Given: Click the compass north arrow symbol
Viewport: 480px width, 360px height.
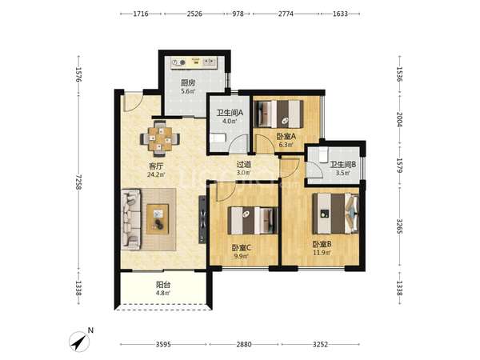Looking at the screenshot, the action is click(79, 342).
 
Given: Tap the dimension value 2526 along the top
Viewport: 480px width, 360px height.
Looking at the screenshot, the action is click(194, 14).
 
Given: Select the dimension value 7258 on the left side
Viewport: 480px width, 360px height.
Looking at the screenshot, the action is click(78, 182).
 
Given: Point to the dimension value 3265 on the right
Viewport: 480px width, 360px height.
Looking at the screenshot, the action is click(399, 226).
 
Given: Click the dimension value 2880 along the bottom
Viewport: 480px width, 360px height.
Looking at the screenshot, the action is click(244, 344).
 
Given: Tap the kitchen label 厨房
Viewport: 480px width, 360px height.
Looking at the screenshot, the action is click(188, 83).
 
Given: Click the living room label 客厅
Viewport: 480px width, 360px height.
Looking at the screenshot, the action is click(156, 166).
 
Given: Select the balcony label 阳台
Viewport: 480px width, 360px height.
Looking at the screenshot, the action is click(163, 285).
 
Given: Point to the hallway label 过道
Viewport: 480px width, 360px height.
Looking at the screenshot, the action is click(244, 164).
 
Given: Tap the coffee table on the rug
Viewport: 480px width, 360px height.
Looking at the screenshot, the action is click(158, 219).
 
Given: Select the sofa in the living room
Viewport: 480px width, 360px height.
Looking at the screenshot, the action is click(131, 219).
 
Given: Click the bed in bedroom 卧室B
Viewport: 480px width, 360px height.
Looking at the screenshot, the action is click(335, 214).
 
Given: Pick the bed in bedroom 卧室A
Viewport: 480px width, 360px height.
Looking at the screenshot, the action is click(279, 114).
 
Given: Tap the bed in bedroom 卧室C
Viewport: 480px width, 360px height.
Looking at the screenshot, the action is click(253, 221).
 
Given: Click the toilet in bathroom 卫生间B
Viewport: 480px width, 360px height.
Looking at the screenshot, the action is click(323, 155).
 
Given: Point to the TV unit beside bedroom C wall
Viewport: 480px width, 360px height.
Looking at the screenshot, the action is click(202, 219).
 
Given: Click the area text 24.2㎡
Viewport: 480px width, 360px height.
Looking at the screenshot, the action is click(156, 174).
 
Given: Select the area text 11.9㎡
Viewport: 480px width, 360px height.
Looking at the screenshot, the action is click(322, 253).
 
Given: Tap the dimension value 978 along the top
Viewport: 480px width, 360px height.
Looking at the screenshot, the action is click(238, 14).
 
